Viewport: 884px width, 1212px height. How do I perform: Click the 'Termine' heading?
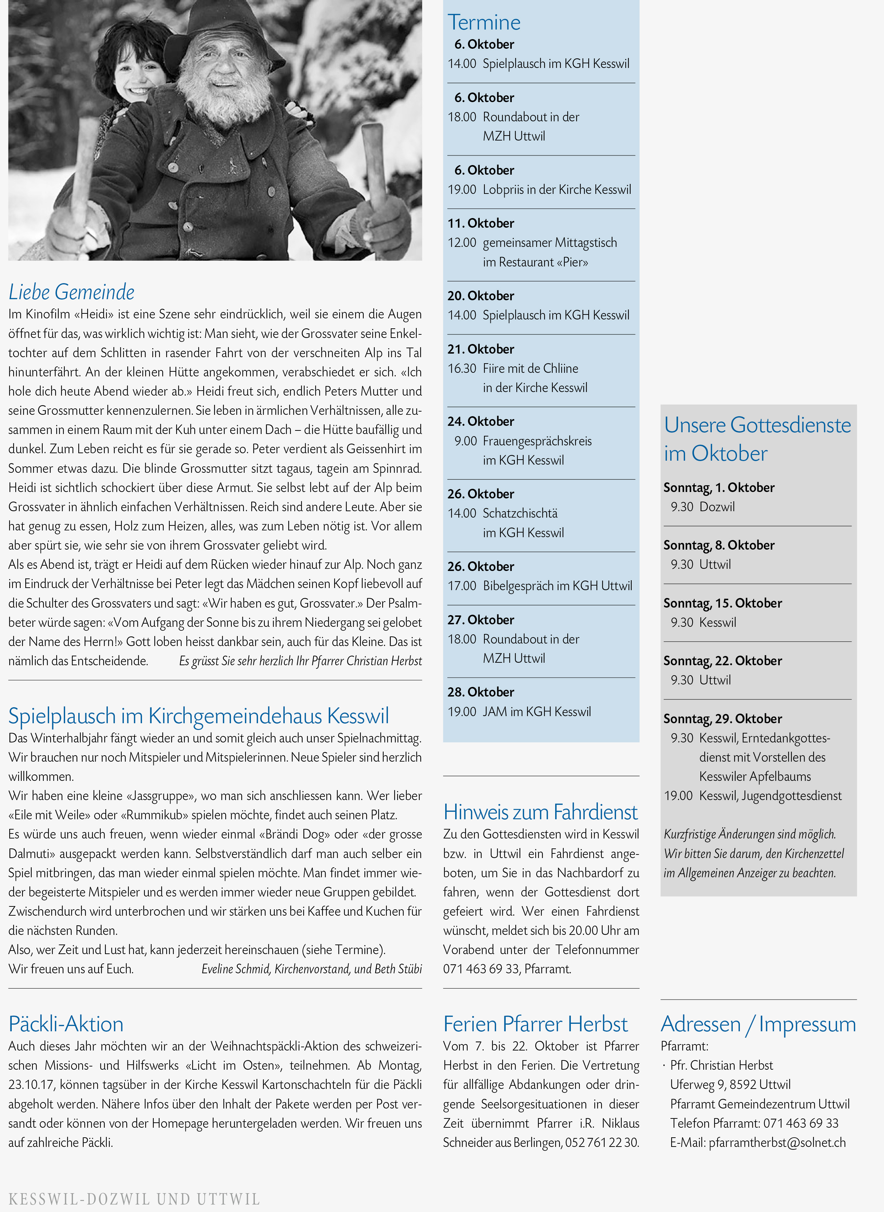484,22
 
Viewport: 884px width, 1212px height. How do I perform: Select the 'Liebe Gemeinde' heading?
71,292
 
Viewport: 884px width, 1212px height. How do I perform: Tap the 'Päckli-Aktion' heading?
66,1024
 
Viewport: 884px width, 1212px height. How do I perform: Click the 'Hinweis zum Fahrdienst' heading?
541,812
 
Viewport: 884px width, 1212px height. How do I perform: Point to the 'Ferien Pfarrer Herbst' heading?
535,1024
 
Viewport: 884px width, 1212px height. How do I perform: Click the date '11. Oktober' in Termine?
480,223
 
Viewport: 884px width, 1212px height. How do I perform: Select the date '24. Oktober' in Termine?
480,422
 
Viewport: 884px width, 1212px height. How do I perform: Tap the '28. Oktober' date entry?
480,692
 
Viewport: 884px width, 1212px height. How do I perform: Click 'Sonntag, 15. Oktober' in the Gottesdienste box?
722,603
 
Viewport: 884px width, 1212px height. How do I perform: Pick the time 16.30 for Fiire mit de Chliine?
462,369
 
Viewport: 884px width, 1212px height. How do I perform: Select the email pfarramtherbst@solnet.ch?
777,1143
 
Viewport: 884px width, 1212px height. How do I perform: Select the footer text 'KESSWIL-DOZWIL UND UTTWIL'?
134,1198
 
